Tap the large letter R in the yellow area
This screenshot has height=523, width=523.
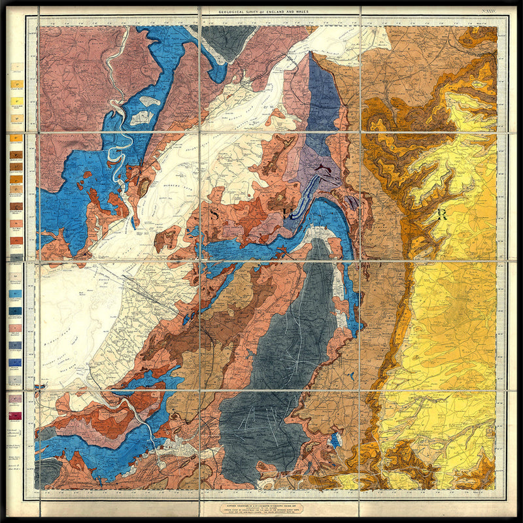pyautogui.click(x=443, y=215)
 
